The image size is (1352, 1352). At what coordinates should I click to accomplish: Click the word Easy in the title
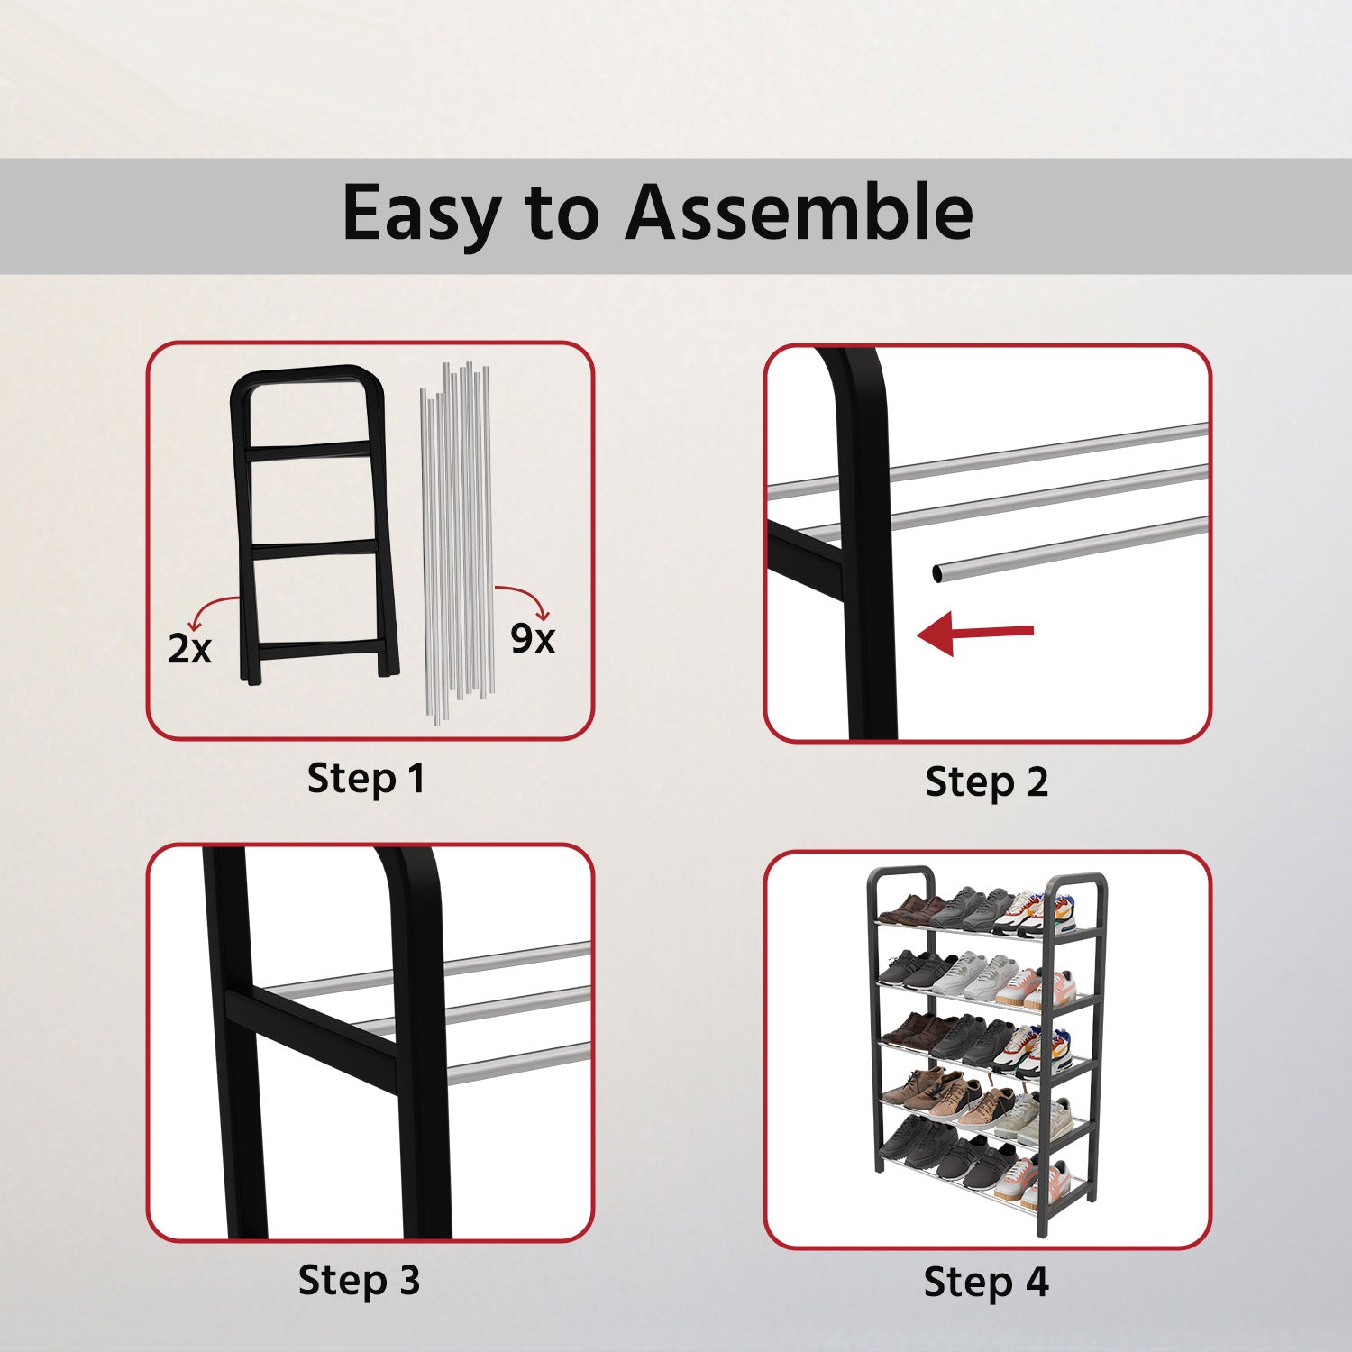(x=422, y=215)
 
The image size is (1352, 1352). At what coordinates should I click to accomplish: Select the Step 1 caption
(x=366, y=778)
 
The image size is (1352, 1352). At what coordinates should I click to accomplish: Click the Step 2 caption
(x=987, y=781)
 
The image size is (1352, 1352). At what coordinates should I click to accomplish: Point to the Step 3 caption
(x=359, y=1280)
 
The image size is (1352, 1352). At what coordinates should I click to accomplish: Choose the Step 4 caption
(x=986, y=1282)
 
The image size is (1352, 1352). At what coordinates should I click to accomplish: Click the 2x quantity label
(x=189, y=648)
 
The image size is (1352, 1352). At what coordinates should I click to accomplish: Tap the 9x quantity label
(x=533, y=638)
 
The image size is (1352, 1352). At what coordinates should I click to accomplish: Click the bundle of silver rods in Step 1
(x=457, y=541)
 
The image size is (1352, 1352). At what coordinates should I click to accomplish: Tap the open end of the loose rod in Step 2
(x=938, y=572)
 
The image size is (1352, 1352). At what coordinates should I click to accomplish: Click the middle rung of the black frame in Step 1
(x=315, y=548)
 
